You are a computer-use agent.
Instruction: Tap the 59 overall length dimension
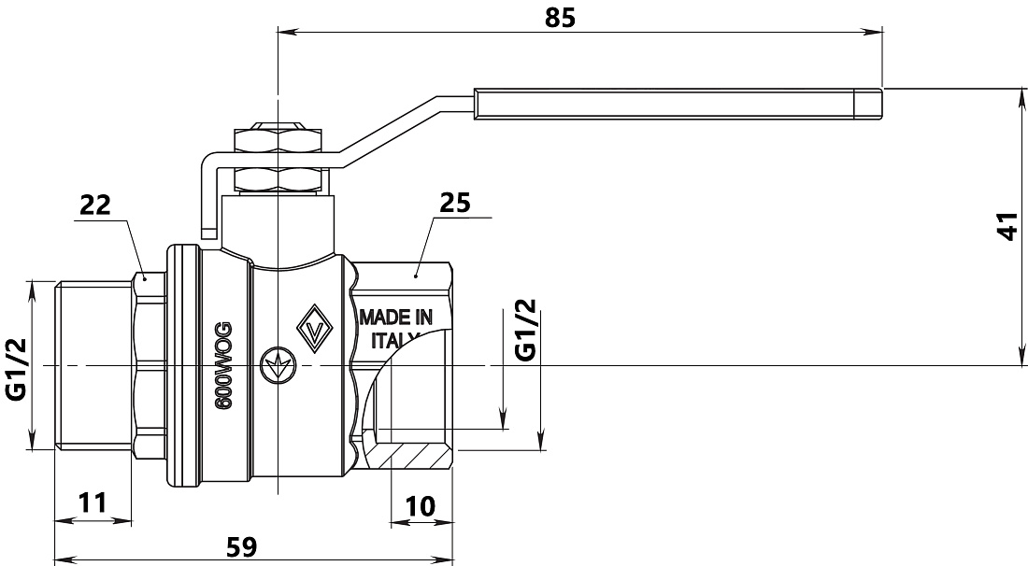click(241, 546)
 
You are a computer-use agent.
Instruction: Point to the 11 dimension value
click(92, 503)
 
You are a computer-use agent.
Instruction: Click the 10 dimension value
click(420, 505)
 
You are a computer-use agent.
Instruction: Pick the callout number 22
click(95, 205)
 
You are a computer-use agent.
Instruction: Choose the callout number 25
click(455, 203)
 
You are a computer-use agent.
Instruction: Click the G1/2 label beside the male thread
click(16, 369)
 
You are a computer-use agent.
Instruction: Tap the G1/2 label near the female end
click(525, 330)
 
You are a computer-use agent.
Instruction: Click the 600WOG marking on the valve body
click(224, 365)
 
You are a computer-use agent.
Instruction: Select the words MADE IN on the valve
click(396, 318)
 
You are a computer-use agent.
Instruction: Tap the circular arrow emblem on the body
click(278, 365)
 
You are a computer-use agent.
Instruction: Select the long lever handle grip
click(678, 104)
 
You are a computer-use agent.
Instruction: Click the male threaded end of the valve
click(93, 365)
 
